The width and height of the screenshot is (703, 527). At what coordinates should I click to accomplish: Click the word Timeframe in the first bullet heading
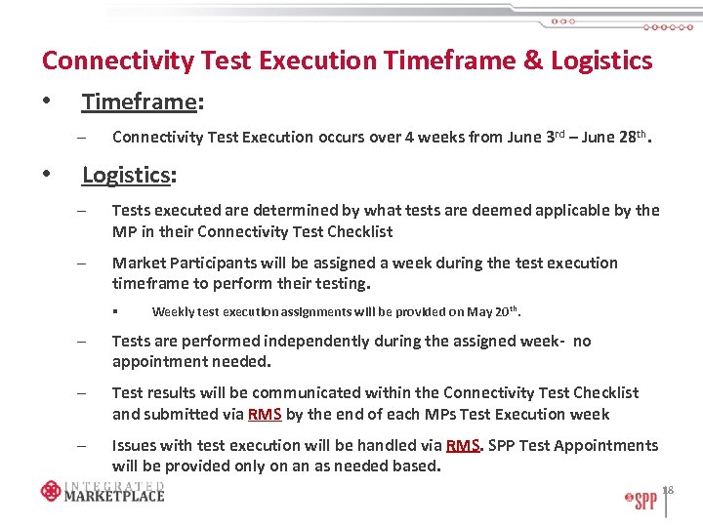click(x=125, y=102)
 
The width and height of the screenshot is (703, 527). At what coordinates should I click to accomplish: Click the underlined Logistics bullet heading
click(x=126, y=175)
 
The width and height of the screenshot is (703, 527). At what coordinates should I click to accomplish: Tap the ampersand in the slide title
click(x=533, y=61)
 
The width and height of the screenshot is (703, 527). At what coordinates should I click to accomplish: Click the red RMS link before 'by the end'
click(x=265, y=414)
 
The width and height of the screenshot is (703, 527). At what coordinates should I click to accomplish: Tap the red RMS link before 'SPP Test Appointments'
click(x=463, y=446)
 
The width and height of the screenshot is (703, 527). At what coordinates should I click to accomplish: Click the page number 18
click(x=668, y=489)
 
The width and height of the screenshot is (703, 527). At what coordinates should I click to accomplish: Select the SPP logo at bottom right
click(x=641, y=502)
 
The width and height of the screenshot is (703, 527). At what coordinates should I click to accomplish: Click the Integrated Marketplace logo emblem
click(x=51, y=491)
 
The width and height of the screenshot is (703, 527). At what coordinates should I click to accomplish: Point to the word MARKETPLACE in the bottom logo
click(x=114, y=495)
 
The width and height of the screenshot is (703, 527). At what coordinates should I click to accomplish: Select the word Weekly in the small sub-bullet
click(x=173, y=312)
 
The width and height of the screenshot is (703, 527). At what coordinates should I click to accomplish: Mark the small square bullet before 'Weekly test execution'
click(x=114, y=312)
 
